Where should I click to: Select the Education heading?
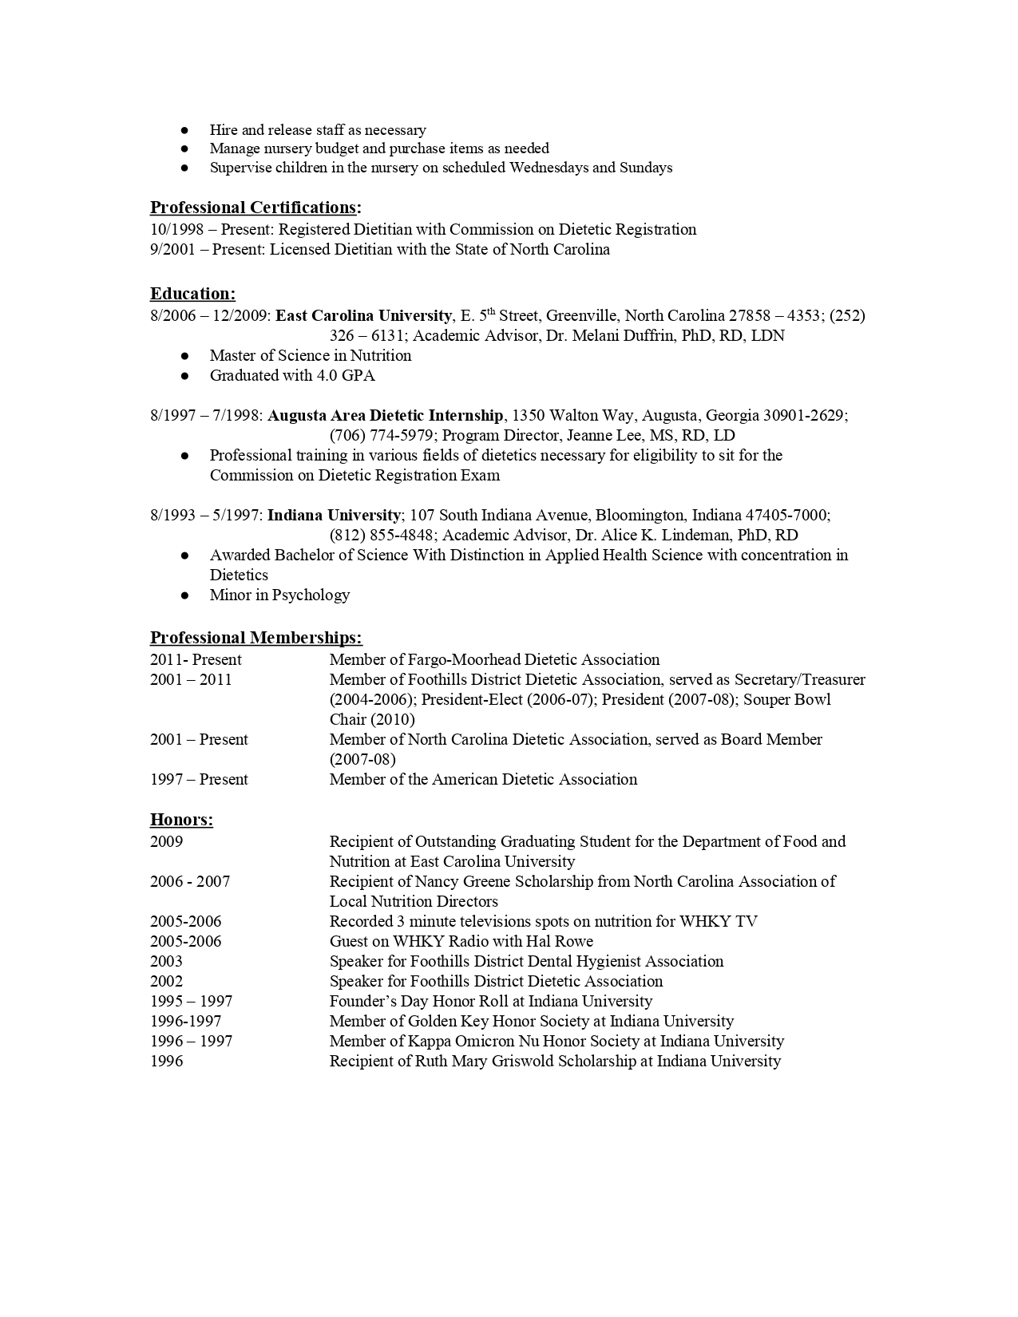pyautogui.click(x=192, y=294)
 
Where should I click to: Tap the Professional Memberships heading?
pyautogui.click(x=255, y=638)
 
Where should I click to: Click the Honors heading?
pyautogui.click(x=181, y=820)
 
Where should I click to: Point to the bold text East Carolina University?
pyautogui.click(x=363, y=315)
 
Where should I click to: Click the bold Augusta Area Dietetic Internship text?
pyautogui.click(x=386, y=415)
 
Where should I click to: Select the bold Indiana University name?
pyautogui.click(x=334, y=515)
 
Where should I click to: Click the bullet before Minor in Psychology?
pyautogui.click(x=184, y=595)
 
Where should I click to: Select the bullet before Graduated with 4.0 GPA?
pyautogui.click(x=184, y=376)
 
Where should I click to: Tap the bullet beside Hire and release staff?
pyautogui.click(x=184, y=130)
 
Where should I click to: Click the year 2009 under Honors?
pyautogui.click(x=166, y=841)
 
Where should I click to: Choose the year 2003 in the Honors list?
pyautogui.click(x=166, y=961)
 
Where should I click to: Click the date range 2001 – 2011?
pyautogui.click(x=191, y=680)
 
